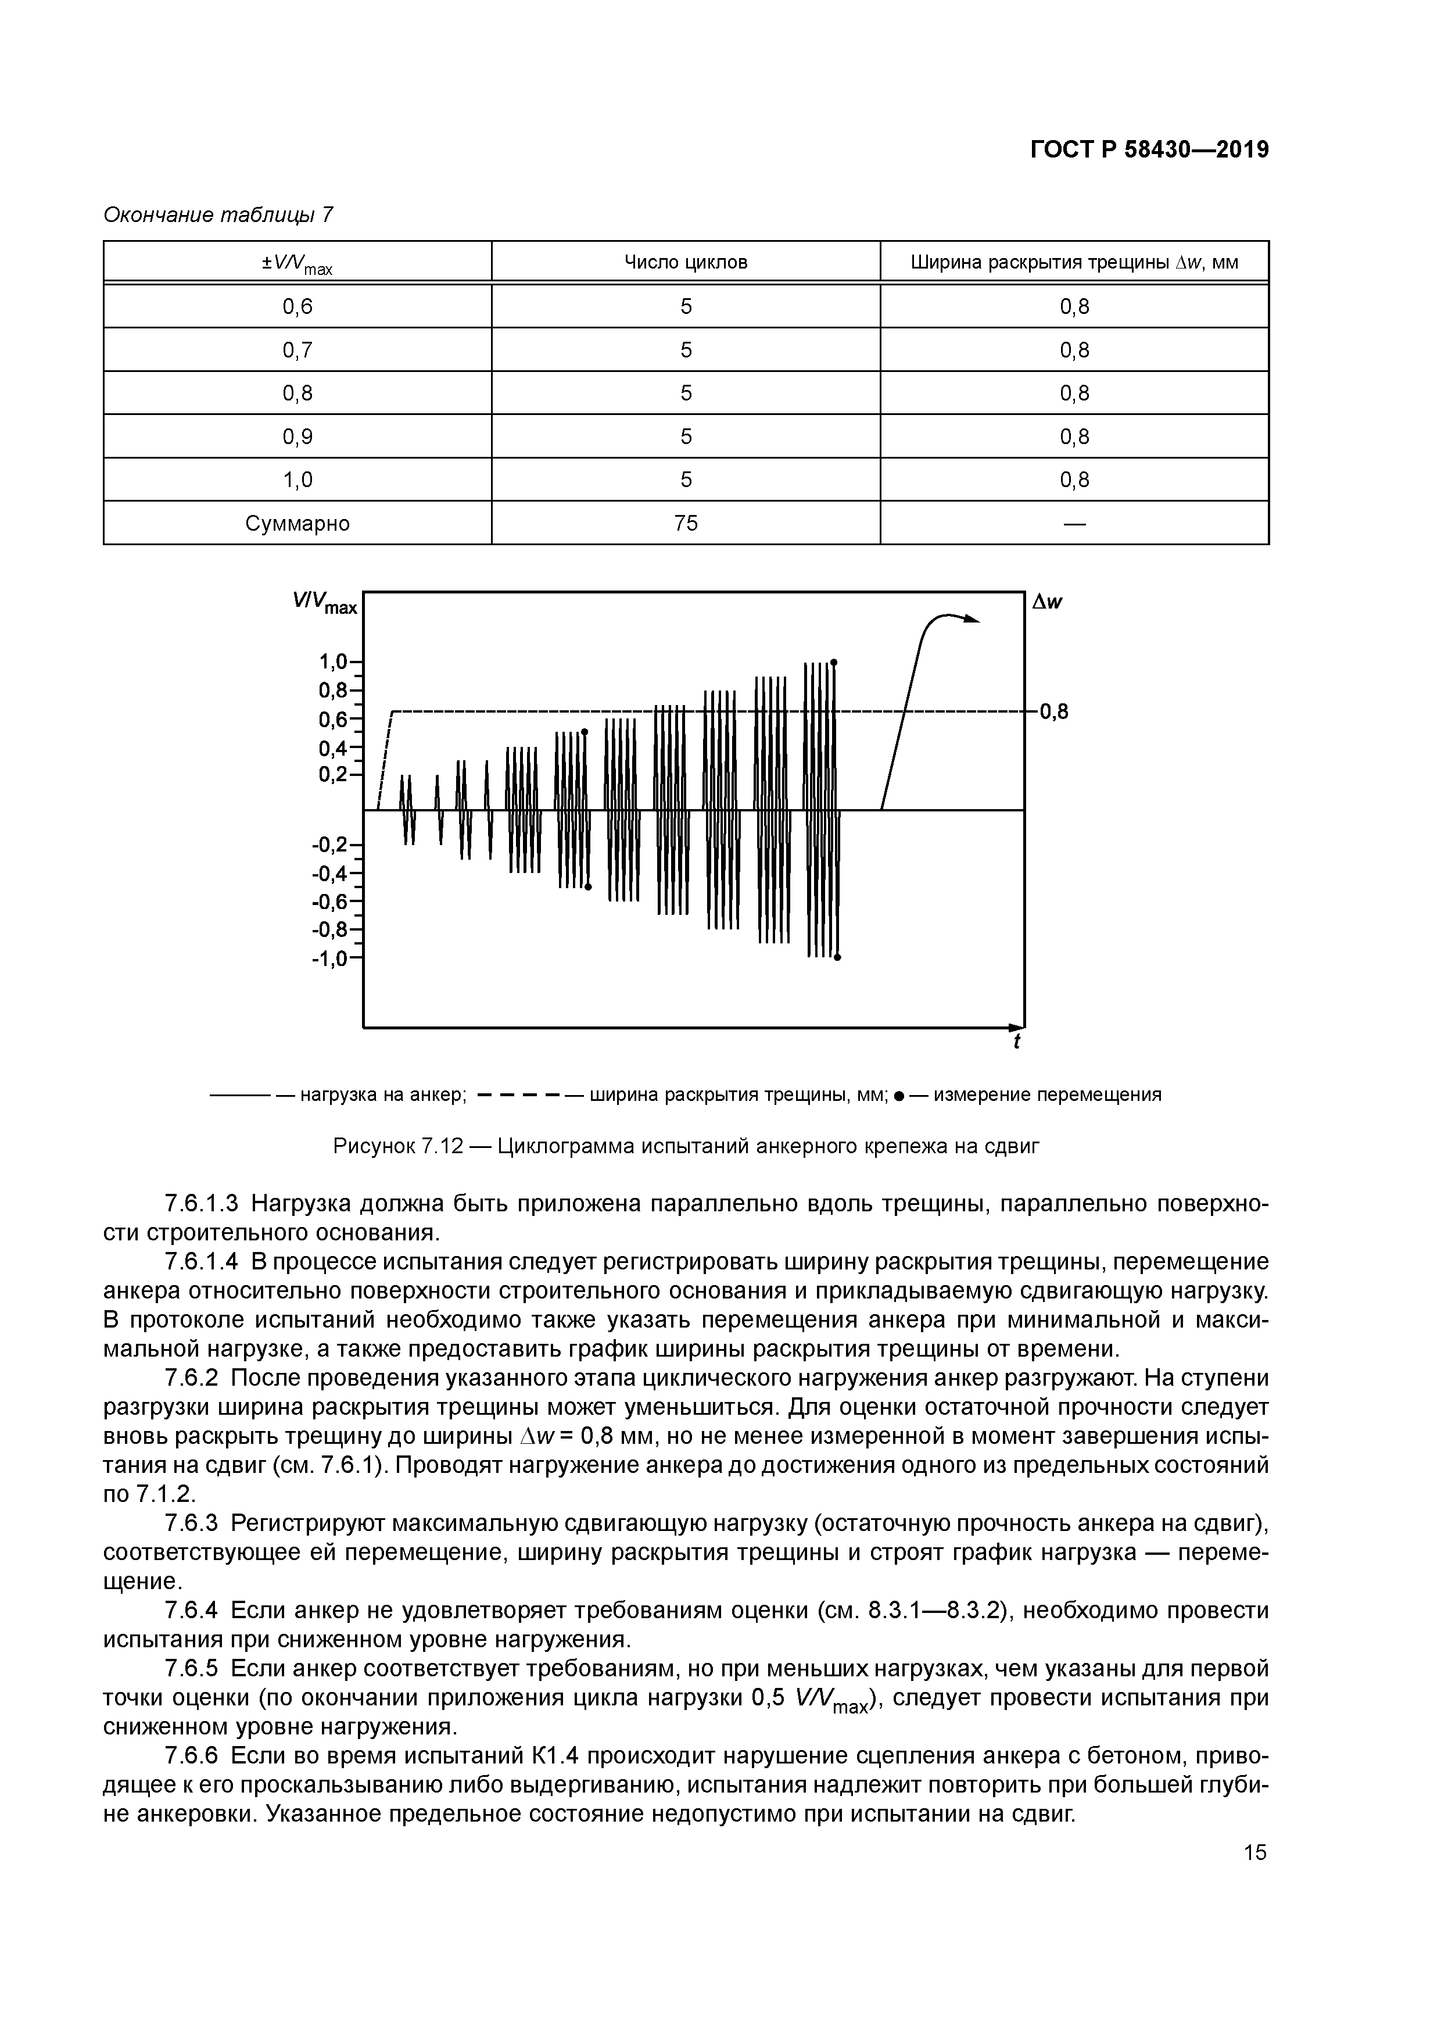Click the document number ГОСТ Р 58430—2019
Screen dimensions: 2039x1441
(x=1149, y=150)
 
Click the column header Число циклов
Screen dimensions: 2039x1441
(x=686, y=262)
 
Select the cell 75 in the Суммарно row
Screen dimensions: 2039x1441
(x=686, y=523)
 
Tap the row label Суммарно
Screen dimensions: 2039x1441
(x=297, y=523)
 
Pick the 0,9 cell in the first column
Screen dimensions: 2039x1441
(x=297, y=436)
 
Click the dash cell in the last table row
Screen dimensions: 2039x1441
(x=1074, y=523)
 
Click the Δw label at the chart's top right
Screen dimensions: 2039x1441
(x=1047, y=602)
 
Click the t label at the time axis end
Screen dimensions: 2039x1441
(x=1017, y=1041)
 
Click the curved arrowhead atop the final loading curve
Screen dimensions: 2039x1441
(x=973, y=620)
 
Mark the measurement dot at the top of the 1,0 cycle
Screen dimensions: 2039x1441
(x=834, y=663)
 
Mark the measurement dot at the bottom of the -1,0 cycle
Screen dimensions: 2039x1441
(x=837, y=957)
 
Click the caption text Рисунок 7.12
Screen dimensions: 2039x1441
(x=398, y=1146)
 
